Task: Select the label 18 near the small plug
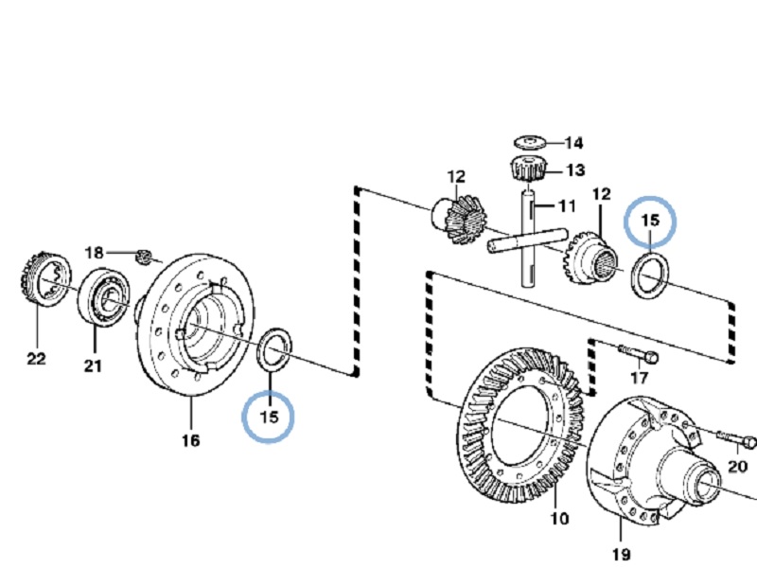coord(95,253)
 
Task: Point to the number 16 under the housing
coord(190,440)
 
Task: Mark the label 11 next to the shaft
coord(566,205)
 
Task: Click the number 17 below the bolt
coord(640,379)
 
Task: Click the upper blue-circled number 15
coord(650,220)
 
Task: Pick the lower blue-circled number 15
coord(270,417)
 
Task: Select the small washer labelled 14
coord(529,143)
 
